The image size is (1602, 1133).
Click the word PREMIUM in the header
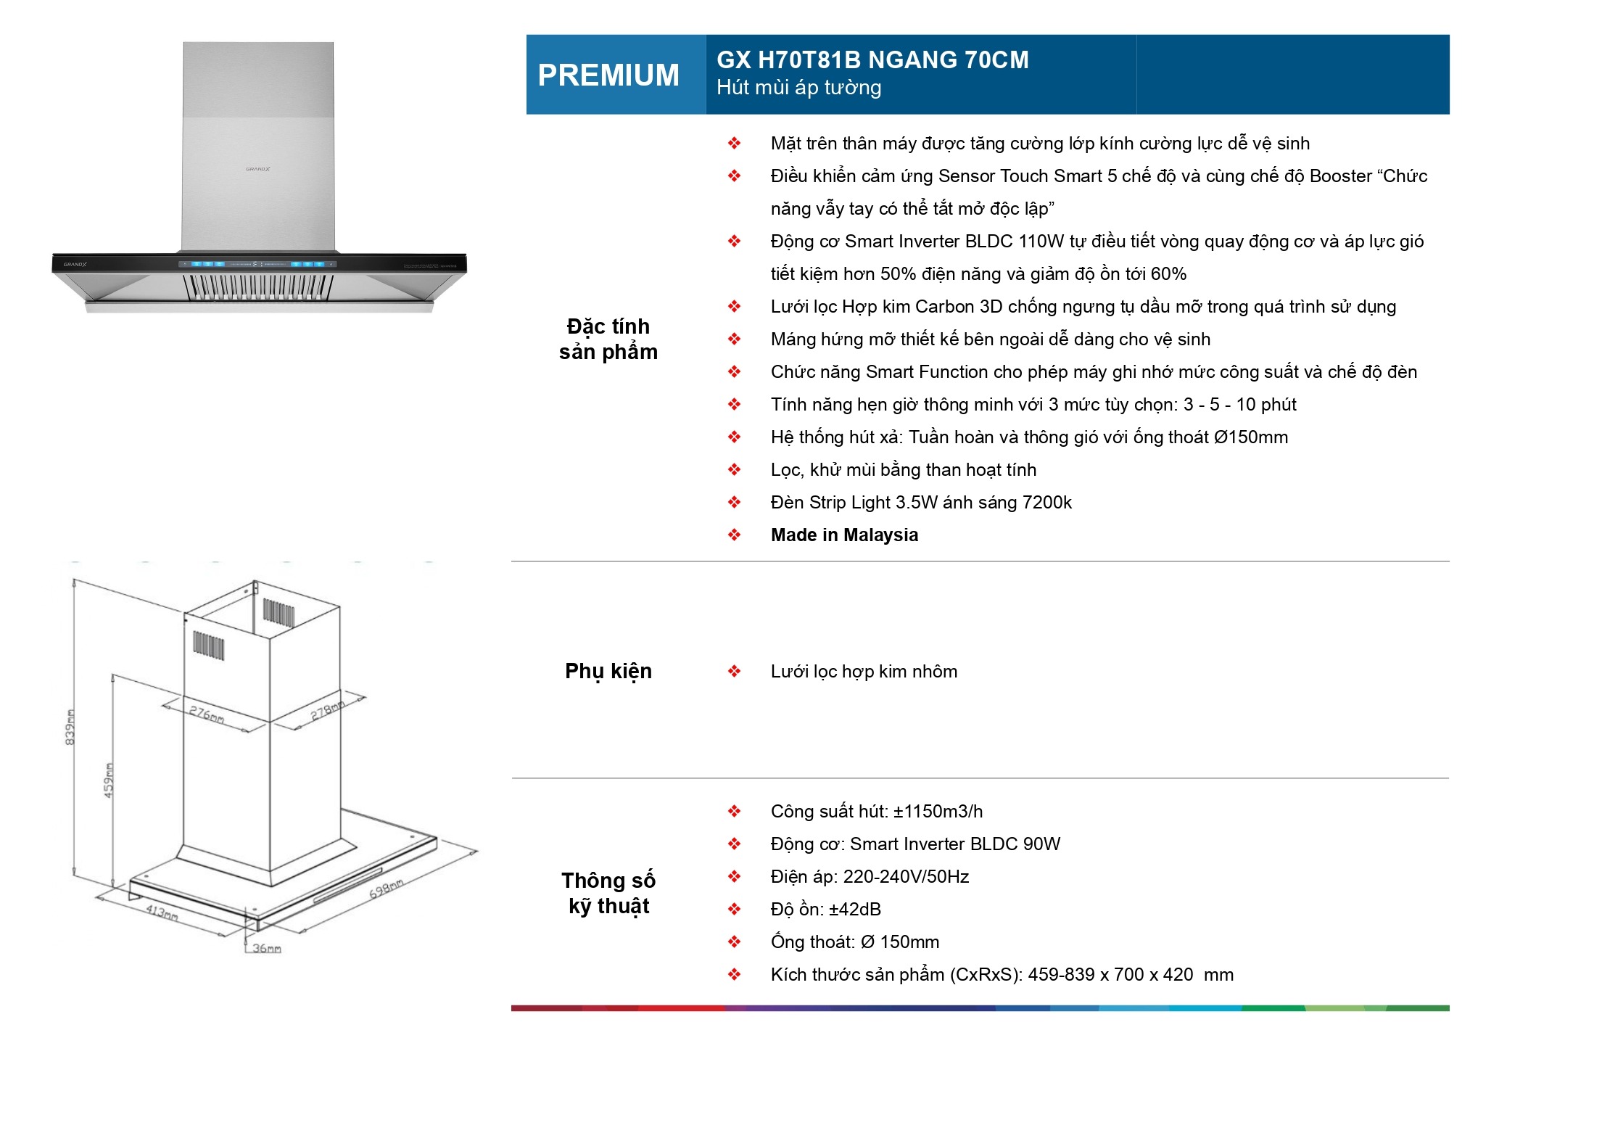608,75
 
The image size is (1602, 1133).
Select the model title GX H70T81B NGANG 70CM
872,59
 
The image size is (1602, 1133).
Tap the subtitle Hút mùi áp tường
798,88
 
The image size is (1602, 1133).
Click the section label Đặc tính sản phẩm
608,339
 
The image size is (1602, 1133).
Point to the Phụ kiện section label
608,671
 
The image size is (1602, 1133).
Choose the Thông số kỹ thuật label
608,893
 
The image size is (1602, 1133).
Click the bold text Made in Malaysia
844,535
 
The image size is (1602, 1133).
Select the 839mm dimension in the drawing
70,726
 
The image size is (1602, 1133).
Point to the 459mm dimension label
109,780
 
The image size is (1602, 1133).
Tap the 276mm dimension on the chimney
207,714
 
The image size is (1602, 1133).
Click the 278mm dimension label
327,709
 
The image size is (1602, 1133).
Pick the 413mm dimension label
162,912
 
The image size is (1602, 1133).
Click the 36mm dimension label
266,949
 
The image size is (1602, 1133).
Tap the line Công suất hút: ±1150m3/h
876,812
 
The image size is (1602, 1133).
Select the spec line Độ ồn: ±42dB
825,910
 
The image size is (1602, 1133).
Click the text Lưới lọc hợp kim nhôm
863,672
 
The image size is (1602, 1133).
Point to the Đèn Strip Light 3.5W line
920,503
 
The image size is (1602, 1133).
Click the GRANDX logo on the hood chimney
257,169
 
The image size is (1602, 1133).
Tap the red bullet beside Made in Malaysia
734,535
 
